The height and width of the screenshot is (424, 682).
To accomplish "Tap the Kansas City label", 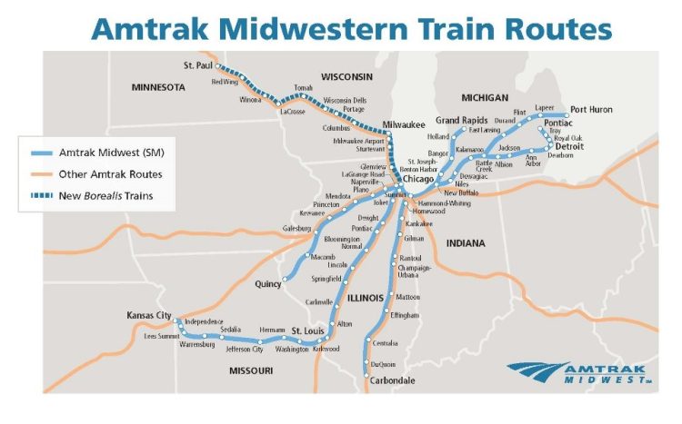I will click(x=149, y=315).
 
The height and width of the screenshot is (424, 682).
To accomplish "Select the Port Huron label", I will click(x=592, y=110).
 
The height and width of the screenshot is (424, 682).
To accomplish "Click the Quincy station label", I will click(x=268, y=284).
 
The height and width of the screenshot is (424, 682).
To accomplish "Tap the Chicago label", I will click(x=419, y=179).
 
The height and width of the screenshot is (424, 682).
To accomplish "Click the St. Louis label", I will click(x=306, y=330).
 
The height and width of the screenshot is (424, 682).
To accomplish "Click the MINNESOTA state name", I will click(x=156, y=88).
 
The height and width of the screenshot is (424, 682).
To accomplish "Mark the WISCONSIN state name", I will click(x=341, y=75).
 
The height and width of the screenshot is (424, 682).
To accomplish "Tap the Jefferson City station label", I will click(x=245, y=349).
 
